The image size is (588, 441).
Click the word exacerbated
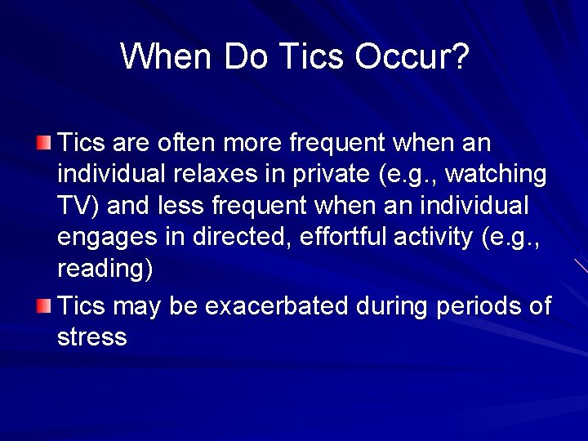click(278, 307)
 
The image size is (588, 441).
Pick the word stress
click(92, 337)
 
